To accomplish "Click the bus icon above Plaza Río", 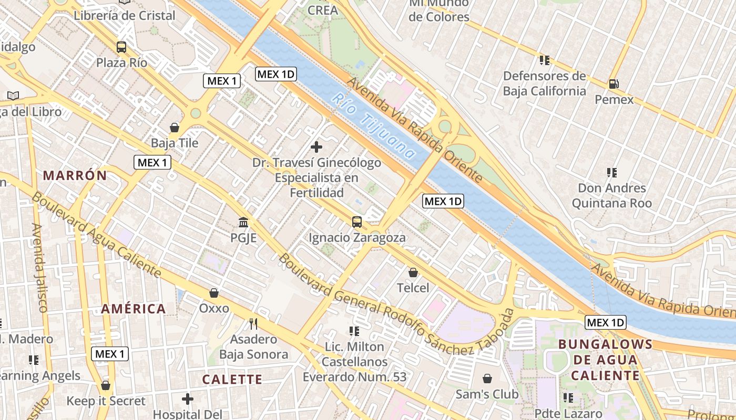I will [121, 47].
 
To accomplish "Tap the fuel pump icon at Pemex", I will [613, 83].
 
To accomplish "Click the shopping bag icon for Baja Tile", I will [175, 128].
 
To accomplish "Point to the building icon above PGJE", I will [243, 222].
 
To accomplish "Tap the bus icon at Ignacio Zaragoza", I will [357, 222].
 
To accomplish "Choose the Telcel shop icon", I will [413, 272].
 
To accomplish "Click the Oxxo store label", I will [214, 308].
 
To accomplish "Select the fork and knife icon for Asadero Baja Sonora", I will [253, 323].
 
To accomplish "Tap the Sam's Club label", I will [487, 394].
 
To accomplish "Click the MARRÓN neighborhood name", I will [75, 175].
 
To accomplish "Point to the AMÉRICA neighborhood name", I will [134, 309].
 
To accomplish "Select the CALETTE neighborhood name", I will [232, 379].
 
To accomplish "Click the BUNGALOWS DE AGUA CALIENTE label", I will [605, 360].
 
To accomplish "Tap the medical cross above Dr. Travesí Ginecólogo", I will [316, 147].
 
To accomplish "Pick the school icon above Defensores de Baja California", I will [545, 60].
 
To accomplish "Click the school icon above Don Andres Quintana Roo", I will [611, 172].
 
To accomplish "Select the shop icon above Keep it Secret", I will [106, 386].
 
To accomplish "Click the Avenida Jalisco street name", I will [40, 267].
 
